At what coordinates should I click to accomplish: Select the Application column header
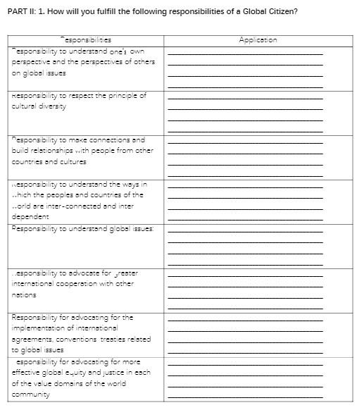click(x=258, y=41)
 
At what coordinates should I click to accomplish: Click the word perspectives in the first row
click(x=107, y=61)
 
